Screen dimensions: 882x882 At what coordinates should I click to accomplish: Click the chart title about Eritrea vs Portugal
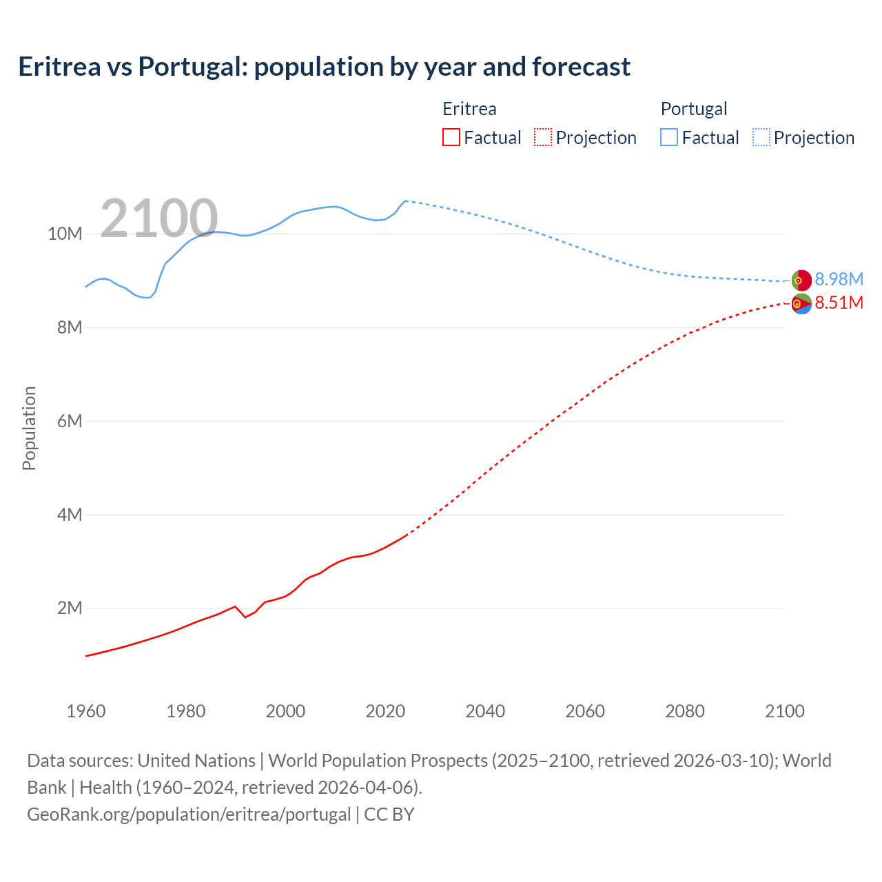point(324,67)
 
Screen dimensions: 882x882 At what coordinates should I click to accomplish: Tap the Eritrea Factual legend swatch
point(451,137)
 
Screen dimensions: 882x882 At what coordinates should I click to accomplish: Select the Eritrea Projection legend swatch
point(543,137)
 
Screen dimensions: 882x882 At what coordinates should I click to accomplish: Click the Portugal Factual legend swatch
point(668,137)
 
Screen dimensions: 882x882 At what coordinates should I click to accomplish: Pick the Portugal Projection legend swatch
point(761,137)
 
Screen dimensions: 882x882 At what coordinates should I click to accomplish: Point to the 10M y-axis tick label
point(65,234)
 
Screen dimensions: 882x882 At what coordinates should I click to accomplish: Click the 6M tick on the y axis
point(69,421)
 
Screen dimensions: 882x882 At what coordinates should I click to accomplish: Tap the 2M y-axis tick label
point(69,608)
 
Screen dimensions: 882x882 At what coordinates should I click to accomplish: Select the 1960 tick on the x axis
point(86,711)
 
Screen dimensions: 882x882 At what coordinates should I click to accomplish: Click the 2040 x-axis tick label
point(485,711)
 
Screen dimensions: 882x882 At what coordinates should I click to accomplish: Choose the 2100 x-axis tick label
point(784,711)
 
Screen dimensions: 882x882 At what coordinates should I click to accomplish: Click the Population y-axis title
point(29,428)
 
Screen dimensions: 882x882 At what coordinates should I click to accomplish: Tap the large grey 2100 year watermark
point(159,218)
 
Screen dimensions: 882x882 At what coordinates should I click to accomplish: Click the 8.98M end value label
point(839,279)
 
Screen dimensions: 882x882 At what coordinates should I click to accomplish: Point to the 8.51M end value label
point(839,302)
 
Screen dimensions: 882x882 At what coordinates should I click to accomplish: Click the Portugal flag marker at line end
point(801,280)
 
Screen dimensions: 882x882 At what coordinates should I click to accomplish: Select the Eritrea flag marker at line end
point(801,304)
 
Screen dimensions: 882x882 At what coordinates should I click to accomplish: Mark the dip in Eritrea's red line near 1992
point(245,617)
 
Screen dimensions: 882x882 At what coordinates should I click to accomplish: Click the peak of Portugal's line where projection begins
point(405,201)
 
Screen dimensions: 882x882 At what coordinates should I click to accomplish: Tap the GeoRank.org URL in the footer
point(189,814)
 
